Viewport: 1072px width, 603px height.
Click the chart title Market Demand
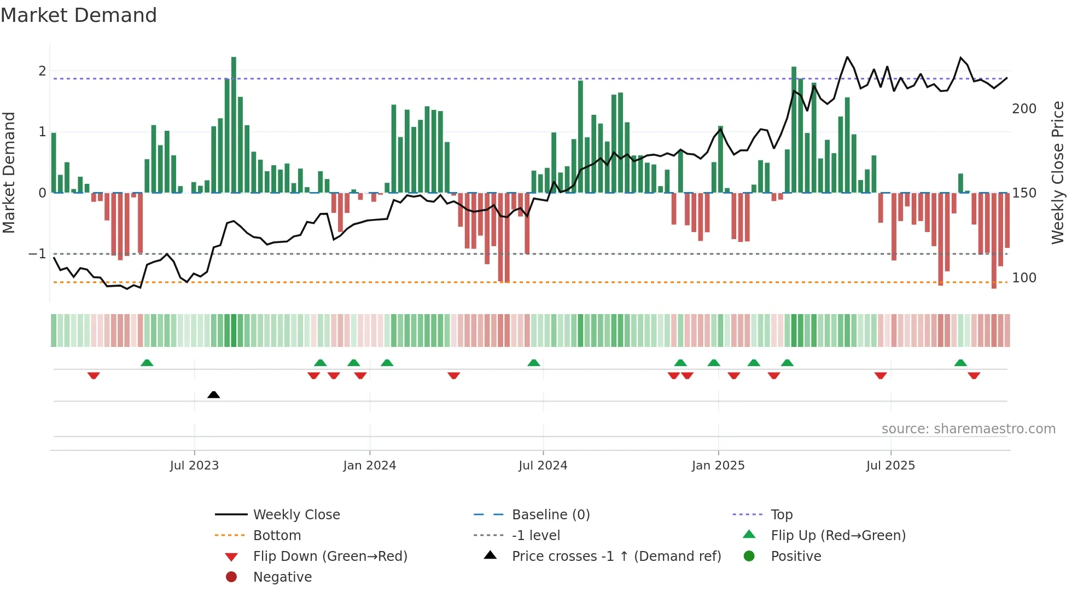(79, 15)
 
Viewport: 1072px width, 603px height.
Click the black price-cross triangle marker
(214, 395)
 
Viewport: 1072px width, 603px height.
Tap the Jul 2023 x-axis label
(194, 466)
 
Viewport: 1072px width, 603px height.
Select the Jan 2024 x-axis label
(369, 466)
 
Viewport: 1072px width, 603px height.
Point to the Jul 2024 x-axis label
(543, 466)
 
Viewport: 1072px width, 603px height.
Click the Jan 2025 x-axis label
(718, 466)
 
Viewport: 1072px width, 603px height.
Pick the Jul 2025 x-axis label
(890, 466)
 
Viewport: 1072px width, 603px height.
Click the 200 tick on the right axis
(1024, 109)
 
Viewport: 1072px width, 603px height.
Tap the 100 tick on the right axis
(1024, 278)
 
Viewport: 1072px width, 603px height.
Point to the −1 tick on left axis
(37, 254)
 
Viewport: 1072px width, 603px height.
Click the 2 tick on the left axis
(42, 71)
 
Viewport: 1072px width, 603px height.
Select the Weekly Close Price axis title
(1058, 172)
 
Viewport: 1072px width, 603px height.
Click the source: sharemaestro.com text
(968, 429)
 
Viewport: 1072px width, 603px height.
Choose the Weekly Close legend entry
(296, 515)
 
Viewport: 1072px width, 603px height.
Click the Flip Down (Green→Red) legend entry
(330, 556)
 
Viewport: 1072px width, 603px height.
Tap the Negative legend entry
(282, 577)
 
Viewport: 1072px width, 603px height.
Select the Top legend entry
(782, 515)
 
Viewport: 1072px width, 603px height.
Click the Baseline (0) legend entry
(551, 515)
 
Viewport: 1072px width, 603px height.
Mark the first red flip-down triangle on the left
(94, 375)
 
